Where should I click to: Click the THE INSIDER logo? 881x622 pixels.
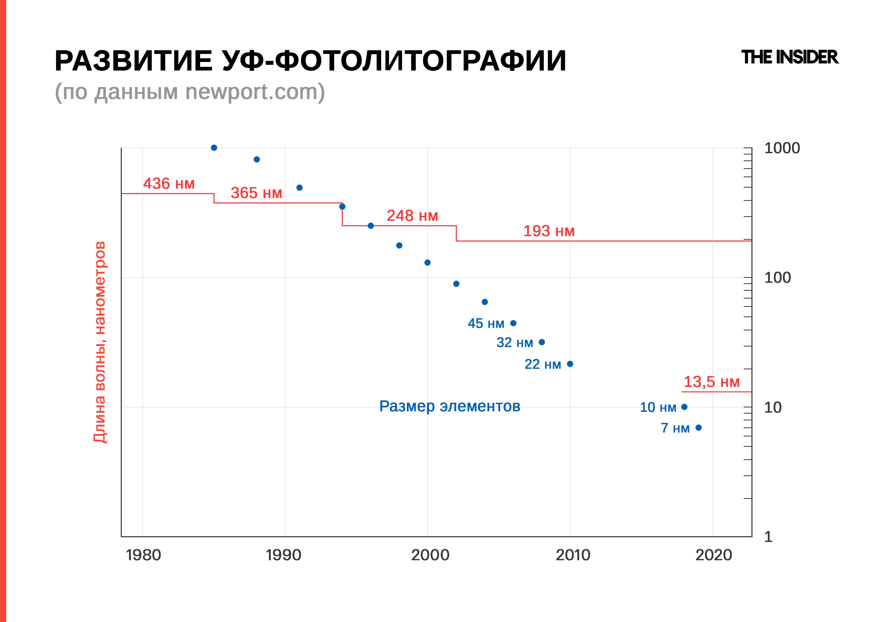coord(790,58)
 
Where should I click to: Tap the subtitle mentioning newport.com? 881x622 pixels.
coord(190,92)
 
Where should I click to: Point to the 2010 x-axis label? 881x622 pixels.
coord(573,555)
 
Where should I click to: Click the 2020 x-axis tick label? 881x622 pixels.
coord(714,555)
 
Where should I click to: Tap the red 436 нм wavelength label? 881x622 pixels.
coord(169,183)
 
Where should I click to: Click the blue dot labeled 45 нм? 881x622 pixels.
coord(513,323)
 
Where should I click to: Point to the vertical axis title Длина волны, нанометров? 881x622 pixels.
coord(100,342)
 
